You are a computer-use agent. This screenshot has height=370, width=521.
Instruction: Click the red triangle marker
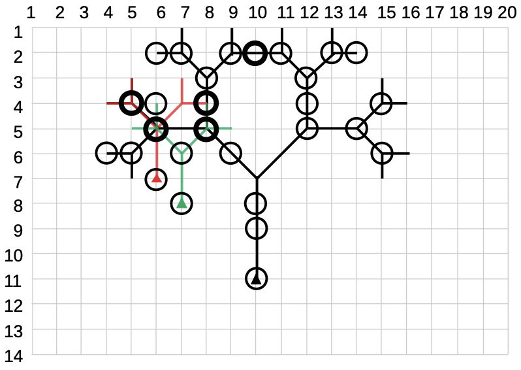tap(157, 178)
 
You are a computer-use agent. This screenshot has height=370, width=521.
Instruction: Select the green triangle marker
tap(182, 203)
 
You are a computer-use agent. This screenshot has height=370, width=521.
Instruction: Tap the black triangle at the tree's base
tap(257, 279)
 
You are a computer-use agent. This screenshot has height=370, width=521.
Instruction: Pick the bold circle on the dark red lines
tap(132, 103)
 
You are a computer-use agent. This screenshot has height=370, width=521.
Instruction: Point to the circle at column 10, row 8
tap(257, 203)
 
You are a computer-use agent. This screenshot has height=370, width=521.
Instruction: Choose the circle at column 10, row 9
tap(257, 228)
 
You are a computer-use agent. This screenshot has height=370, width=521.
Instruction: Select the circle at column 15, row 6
tap(382, 154)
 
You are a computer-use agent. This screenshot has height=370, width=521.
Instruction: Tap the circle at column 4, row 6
tap(106, 154)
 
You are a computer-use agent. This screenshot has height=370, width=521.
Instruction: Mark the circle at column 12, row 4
tap(307, 103)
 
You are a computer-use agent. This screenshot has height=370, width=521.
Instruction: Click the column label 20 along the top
tap(506, 12)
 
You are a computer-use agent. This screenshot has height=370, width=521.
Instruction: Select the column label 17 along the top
tap(432, 12)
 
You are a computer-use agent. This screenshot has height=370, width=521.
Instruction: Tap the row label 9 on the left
tap(16, 229)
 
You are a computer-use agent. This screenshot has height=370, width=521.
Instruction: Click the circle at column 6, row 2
tap(156, 52)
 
